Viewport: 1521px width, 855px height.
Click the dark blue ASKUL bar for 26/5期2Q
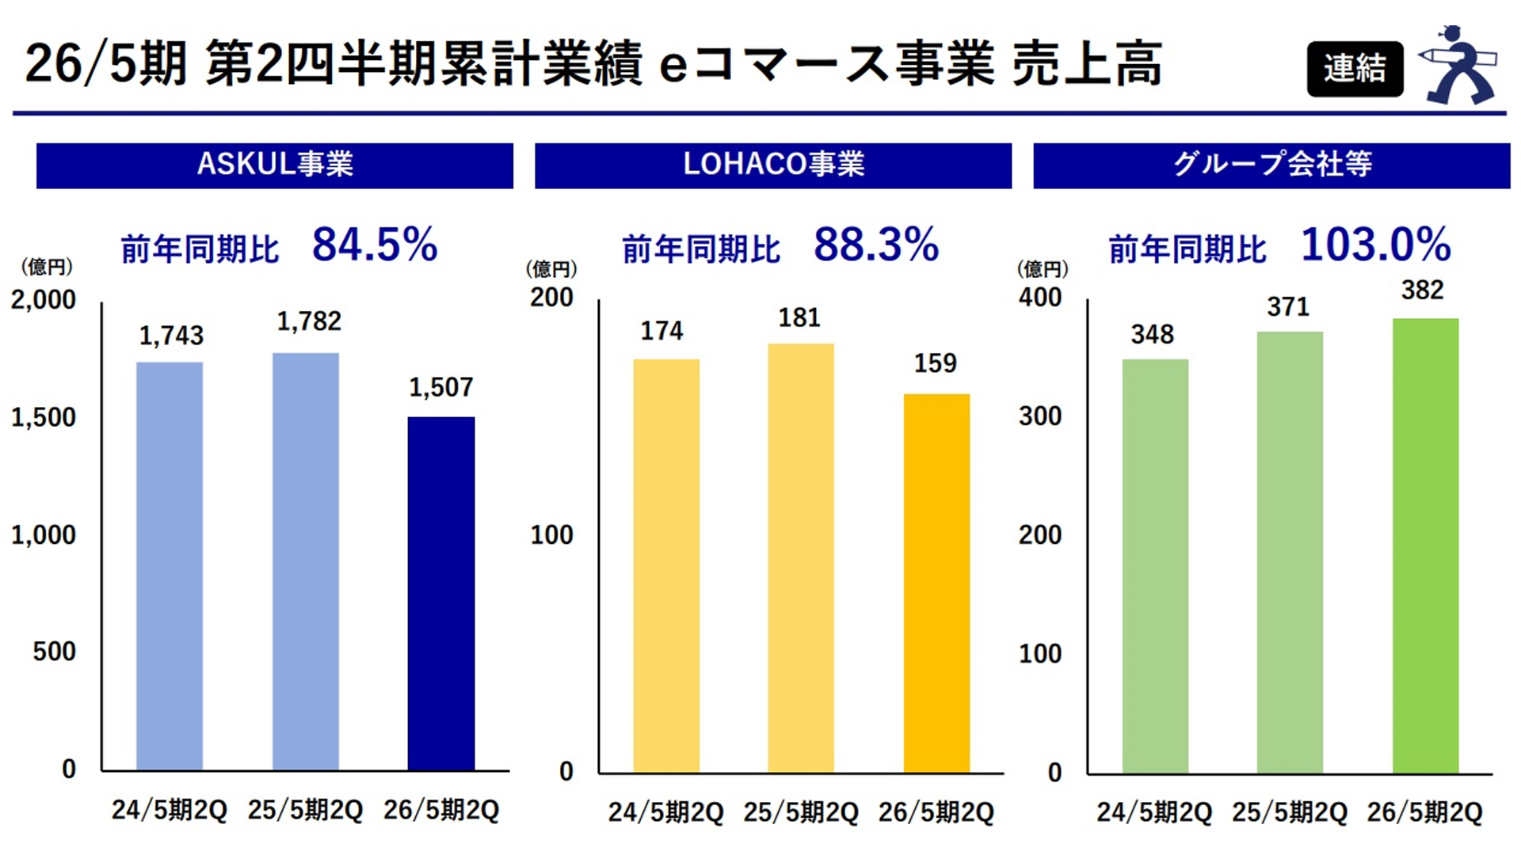[441, 594]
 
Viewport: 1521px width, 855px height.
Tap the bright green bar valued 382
[1425, 546]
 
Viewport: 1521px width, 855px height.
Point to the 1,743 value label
[171, 336]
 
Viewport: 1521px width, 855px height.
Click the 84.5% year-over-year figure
[375, 245]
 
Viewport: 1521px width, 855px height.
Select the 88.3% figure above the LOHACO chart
[876, 245]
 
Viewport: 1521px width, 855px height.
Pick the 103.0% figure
[1376, 245]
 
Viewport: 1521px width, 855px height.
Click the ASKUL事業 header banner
[275, 165]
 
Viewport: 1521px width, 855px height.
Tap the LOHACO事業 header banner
[773, 165]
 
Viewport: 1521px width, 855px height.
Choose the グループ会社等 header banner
[1271, 165]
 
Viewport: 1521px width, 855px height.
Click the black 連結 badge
[1355, 69]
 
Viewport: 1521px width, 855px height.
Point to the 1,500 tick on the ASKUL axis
[44, 418]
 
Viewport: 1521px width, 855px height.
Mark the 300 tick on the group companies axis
[1040, 416]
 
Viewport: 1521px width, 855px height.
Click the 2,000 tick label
[44, 300]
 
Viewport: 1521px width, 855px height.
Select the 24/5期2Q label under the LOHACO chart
[665, 813]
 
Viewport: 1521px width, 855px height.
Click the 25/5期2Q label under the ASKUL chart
[305, 811]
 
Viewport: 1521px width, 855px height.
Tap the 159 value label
[936, 363]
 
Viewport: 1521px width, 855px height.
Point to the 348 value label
[1153, 335]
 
